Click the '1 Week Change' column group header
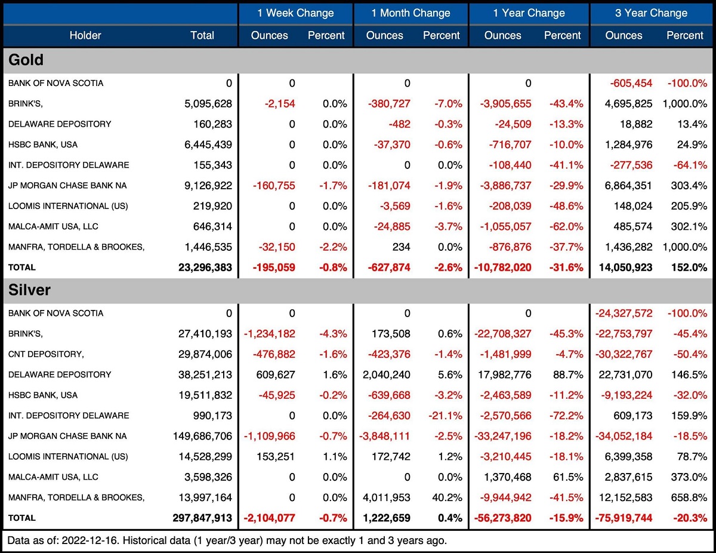(x=295, y=13)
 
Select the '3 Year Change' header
(x=651, y=13)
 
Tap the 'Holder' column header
(x=85, y=35)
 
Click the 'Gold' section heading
(x=26, y=60)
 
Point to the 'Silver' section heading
(x=29, y=290)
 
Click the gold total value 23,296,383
(x=205, y=268)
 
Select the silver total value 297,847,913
(x=202, y=518)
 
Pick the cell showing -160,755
(x=274, y=186)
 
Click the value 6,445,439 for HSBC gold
(x=208, y=145)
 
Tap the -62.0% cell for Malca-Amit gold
(x=566, y=226)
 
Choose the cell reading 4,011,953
(x=387, y=497)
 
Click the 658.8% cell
(x=689, y=497)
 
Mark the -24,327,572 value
(x=624, y=314)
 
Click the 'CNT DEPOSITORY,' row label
(x=46, y=354)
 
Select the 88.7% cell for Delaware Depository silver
(x=569, y=374)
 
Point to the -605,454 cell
(x=631, y=83)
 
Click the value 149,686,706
(x=203, y=436)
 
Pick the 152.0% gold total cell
(x=689, y=268)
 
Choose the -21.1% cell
(x=446, y=416)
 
